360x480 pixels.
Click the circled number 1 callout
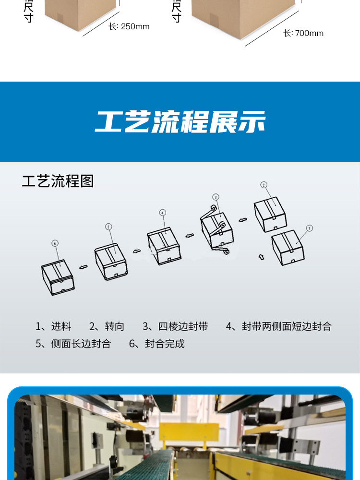[310, 228]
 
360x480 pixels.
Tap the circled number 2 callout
[264, 185]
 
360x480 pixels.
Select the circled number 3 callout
[216, 197]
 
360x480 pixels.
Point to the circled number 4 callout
[163, 212]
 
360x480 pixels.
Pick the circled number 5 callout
[108, 227]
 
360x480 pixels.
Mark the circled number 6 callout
[55, 243]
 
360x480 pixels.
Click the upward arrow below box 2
[261, 257]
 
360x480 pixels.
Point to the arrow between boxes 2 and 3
[243, 220]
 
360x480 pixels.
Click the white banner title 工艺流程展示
[180, 122]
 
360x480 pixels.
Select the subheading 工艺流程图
[58, 181]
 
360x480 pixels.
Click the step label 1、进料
[53, 327]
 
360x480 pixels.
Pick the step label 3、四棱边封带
[175, 327]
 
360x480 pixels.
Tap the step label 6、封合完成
[157, 344]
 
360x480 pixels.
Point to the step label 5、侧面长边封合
[73, 344]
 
